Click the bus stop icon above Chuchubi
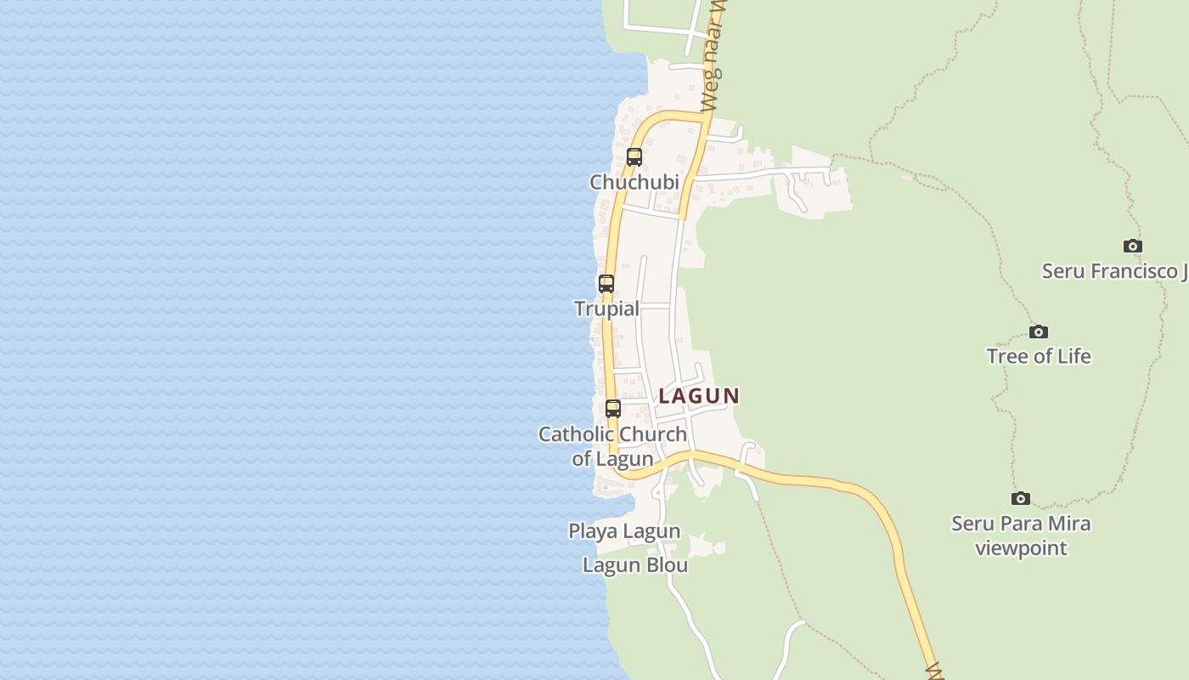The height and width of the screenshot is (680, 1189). [x=634, y=157]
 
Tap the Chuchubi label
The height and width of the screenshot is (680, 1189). [x=634, y=182]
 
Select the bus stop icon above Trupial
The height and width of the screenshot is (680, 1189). [x=606, y=284]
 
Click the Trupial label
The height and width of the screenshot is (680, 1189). [x=606, y=309]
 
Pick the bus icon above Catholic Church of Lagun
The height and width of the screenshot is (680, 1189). [x=613, y=409]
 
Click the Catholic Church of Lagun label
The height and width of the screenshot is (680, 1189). [x=612, y=446]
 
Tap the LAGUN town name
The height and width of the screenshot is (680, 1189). [x=699, y=396]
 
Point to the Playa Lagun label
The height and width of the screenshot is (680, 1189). [x=624, y=531]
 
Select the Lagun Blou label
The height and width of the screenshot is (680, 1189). [x=635, y=565]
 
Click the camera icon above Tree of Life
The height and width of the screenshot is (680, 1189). [x=1039, y=332]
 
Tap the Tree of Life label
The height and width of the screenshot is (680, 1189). [x=1039, y=356]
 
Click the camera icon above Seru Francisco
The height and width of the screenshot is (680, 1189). [x=1133, y=246]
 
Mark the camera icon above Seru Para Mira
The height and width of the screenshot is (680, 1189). [x=1021, y=499]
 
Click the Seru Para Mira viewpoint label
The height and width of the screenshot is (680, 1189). [x=1021, y=535]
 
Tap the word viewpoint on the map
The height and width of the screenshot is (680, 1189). [x=1021, y=548]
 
